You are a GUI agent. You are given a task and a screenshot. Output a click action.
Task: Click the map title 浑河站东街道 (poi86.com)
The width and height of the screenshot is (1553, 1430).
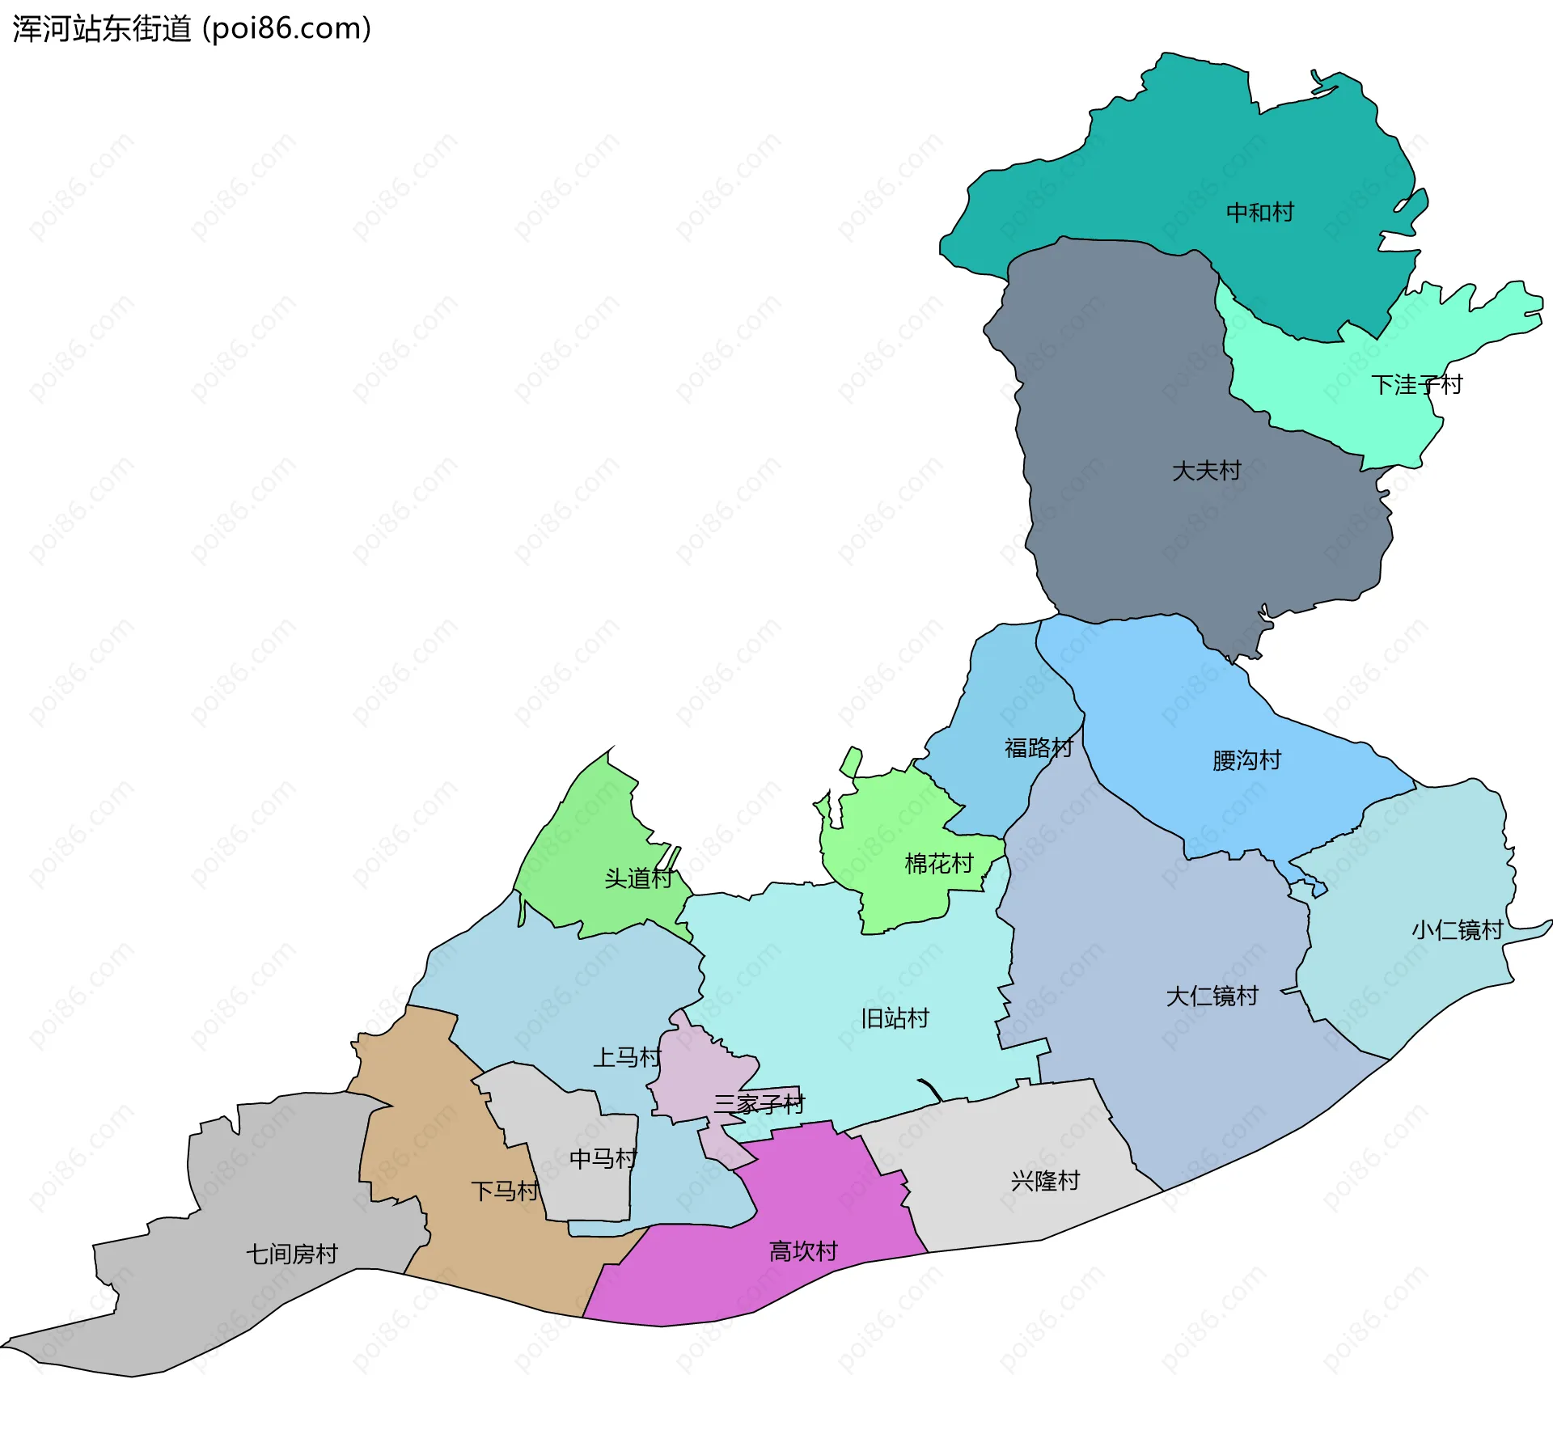[192, 29]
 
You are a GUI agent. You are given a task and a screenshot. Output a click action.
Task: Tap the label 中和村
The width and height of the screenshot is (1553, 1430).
[1259, 213]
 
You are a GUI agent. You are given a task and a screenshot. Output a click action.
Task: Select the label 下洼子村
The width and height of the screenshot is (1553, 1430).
[1416, 385]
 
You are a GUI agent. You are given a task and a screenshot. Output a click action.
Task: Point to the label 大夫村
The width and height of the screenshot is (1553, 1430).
[1206, 471]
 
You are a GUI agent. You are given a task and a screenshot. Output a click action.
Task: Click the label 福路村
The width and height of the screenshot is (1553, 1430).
[1039, 747]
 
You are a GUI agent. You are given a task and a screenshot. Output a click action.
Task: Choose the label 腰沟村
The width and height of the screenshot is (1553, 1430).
[1246, 760]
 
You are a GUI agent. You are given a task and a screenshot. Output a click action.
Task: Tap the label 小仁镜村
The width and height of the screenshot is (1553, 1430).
[1457, 930]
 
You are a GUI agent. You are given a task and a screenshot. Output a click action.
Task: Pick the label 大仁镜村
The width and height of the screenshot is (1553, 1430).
[1212, 996]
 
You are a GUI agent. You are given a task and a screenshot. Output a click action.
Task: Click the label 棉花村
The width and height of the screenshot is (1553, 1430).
[938, 864]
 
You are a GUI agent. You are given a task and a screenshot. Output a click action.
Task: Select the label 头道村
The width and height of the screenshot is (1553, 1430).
[638, 878]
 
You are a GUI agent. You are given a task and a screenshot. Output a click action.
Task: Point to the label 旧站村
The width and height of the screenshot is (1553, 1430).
[895, 1018]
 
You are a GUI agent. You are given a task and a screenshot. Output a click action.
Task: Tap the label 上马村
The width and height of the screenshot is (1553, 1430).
[627, 1057]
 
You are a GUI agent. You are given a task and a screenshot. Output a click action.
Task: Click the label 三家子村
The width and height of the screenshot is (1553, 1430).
[759, 1104]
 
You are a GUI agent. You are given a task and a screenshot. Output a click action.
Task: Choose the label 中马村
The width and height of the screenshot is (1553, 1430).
[603, 1159]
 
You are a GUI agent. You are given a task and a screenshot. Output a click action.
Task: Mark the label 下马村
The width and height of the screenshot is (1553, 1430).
[505, 1191]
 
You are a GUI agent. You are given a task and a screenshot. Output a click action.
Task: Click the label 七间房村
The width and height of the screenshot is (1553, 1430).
[291, 1254]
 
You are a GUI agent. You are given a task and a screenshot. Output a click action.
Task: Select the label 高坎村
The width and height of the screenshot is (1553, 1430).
[802, 1252]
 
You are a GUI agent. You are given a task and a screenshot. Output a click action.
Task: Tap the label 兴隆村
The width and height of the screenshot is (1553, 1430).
[1045, 1181]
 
